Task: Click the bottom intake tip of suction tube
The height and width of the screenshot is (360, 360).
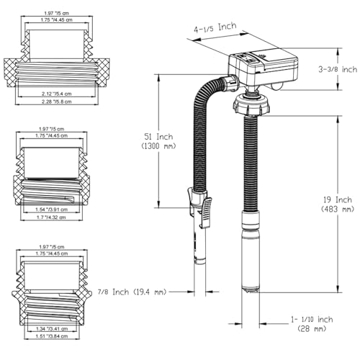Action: pyautogui.click(x=251, y=287)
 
